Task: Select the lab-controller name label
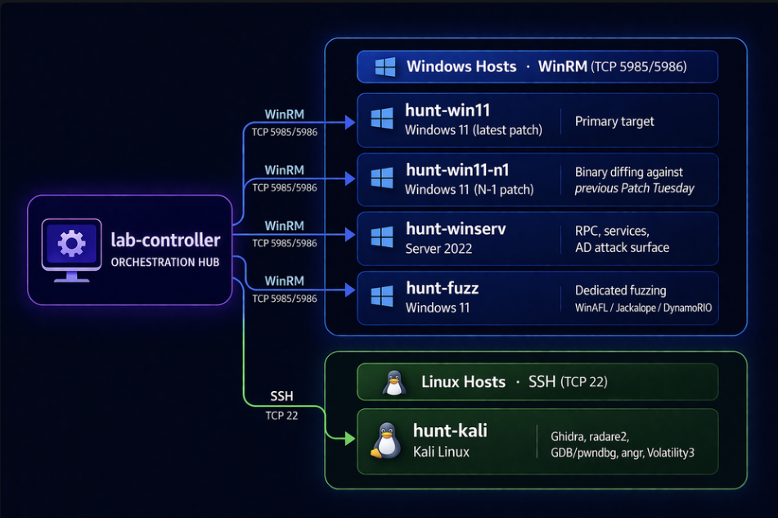(165, 241)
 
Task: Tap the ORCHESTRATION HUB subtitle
(165, 263)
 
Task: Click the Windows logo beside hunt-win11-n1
(382, 179)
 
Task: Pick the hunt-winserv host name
(456, 229)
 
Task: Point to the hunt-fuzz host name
(442, 288)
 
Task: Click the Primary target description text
(614, 121)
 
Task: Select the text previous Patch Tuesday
(634, 188)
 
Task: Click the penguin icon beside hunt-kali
(385, 441)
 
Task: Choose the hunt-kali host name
(450, 431)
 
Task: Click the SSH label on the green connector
(281, 397)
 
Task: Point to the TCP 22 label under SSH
(281, 415)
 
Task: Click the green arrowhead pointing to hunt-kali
(350, 439)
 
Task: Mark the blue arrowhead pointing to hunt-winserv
(350, 235)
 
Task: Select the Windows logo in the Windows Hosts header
(385, 67)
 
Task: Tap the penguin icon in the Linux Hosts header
(394, 382)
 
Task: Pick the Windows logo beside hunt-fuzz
(382, 296)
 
